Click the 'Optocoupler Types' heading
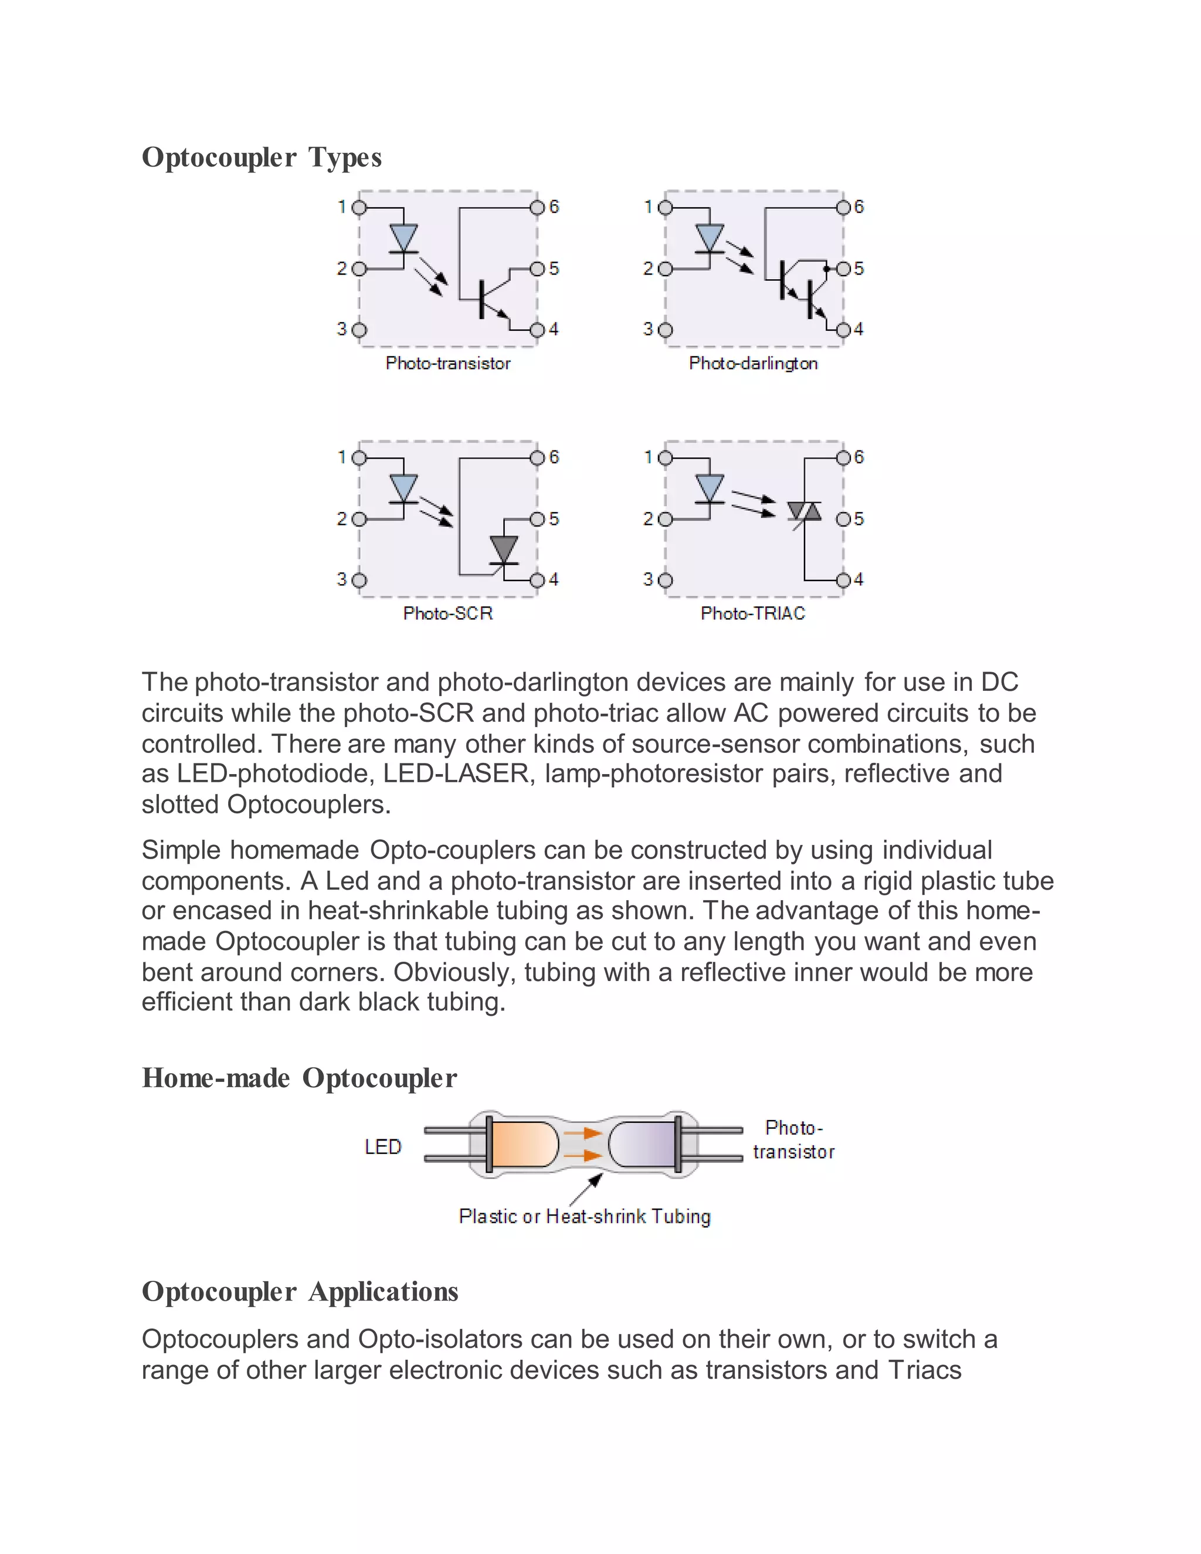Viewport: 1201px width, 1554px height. (261, 157)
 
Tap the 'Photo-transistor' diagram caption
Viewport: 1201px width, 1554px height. (447, 364)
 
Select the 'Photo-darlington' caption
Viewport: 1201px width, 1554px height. (753, 364)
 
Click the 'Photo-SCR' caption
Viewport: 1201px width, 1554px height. (447, 613)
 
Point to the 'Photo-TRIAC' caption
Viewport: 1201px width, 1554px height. (753, 613)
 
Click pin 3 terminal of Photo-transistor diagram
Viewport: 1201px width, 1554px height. (359, 330)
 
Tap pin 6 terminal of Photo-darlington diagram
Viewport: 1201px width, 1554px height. (843, 207)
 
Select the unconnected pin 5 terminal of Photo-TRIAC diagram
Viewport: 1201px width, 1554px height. (843, 519)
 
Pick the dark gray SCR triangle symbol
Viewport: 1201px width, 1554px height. (504, 549)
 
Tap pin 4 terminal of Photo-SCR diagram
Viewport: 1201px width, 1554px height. (537, 580)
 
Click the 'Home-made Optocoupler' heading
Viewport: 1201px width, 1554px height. (299, 1078)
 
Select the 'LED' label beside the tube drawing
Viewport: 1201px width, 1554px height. (383, 1147)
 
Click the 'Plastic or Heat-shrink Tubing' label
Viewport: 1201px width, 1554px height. (585, 1217)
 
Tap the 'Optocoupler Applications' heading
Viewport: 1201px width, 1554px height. (300, 1291)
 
